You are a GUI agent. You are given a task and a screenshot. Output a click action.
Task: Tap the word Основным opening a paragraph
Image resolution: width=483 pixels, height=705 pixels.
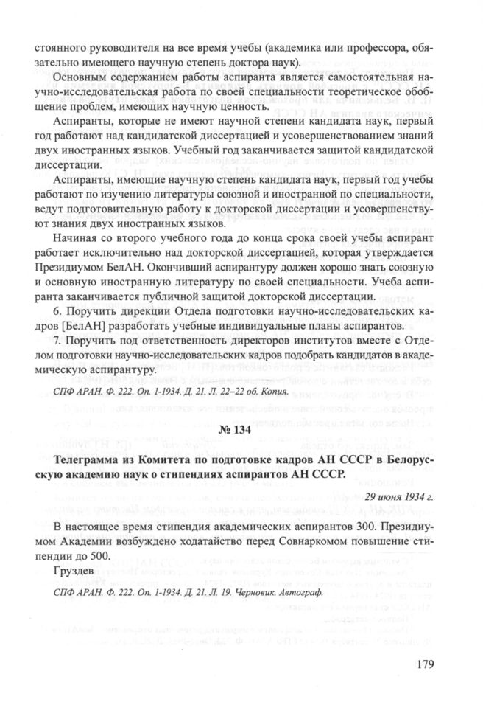80,77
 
